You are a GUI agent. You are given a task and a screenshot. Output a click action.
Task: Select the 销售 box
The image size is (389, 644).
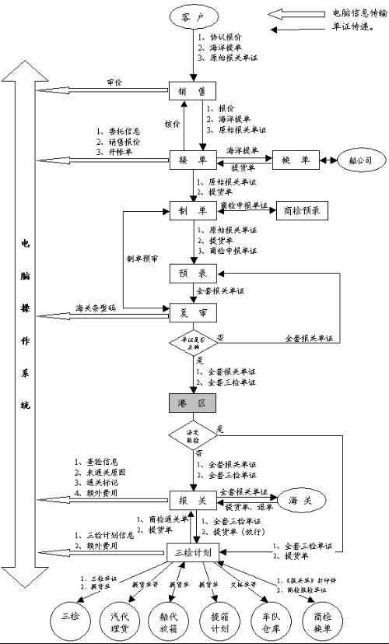(191, 91)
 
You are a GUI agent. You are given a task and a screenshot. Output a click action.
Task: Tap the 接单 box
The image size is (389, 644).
(191, 160)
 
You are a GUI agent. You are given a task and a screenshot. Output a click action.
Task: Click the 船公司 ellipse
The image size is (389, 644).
(361, 160)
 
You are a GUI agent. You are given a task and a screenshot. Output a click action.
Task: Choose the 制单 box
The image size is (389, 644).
(191, 209)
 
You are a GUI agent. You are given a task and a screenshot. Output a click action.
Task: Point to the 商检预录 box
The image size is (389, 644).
(300, 209)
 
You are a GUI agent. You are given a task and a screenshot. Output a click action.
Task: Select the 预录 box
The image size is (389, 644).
(191, 274)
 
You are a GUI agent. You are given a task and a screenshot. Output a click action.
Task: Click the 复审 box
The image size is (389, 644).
(191, 310)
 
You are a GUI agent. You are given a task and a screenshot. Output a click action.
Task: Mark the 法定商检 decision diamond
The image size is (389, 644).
(191, 435)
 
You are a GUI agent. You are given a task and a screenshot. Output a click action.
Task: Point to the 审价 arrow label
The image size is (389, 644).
(114, 82)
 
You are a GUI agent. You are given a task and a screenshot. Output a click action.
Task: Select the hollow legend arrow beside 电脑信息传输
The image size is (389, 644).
(289, 13)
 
